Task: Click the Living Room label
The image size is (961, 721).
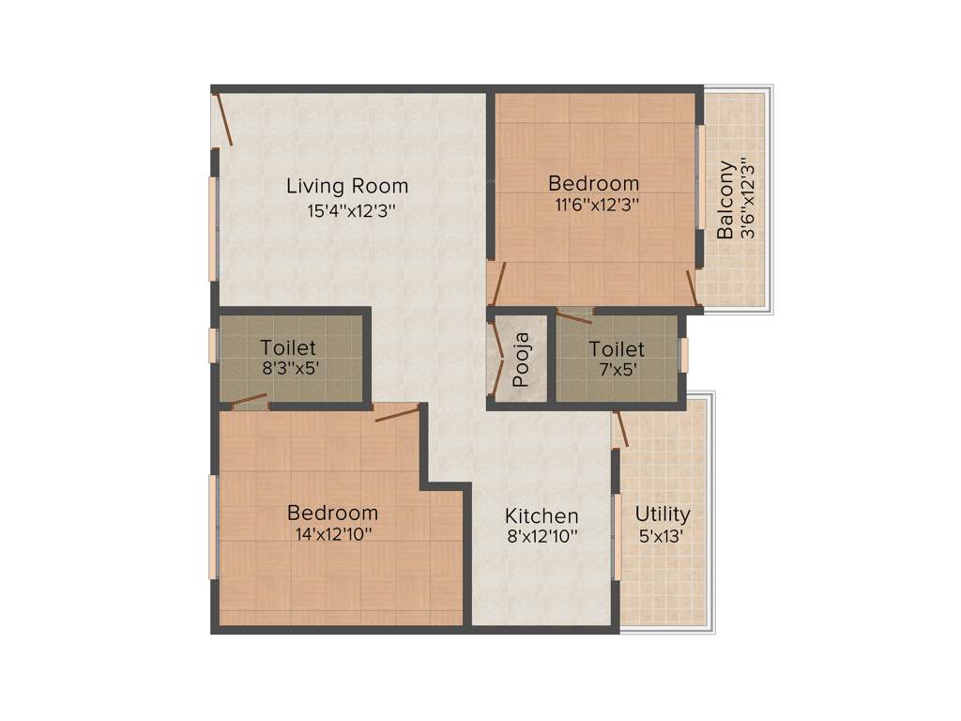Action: coord(347,185)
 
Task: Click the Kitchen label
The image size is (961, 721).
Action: coord(542,515)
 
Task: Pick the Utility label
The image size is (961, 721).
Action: coord(663,514)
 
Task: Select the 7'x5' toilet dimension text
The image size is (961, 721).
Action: coord(616,369)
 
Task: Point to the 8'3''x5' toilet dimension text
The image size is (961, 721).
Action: coord(290,368)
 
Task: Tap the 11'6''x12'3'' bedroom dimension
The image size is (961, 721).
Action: coord(594,204)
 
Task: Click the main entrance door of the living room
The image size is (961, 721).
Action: coord(222,117)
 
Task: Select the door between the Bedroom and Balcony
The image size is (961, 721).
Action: coord(693,289)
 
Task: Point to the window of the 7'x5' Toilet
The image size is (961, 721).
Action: coord(684,355)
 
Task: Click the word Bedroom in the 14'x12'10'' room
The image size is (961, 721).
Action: coord(333,513)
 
